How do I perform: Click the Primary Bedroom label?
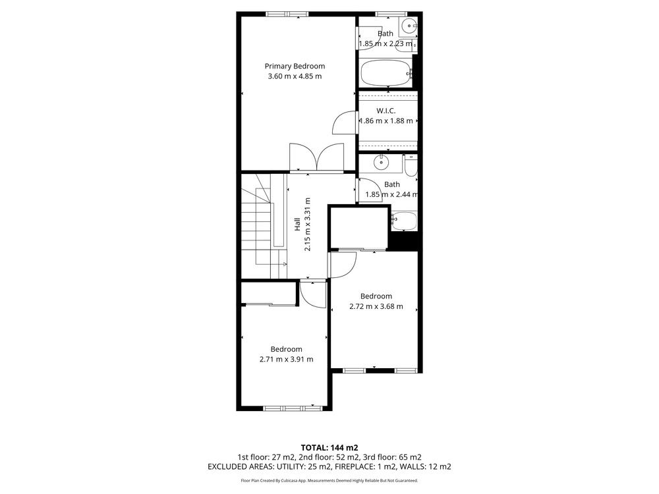tap(295, 66)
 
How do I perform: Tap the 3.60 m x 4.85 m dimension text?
tap(295, 76)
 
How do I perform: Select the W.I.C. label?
tap(386, 111)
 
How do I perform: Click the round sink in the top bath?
tap(409, 26)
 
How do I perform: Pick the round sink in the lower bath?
tap(381, 162)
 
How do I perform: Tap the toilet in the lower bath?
tap(411, 165)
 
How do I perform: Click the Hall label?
tap(297, 224)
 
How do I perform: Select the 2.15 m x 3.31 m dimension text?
tap(308, 225)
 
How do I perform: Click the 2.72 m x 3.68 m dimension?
tap(376, 307)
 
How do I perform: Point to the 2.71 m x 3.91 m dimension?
tap(286, 359)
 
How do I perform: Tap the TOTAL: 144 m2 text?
tap(329, 448)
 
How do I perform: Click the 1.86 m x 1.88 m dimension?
tap(386, 121)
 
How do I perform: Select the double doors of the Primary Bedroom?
tap(316, 157)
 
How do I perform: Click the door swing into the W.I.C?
tap(345, 123)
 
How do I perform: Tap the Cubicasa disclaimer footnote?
tap(329, 481)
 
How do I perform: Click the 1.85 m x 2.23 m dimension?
tap(386, 43)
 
